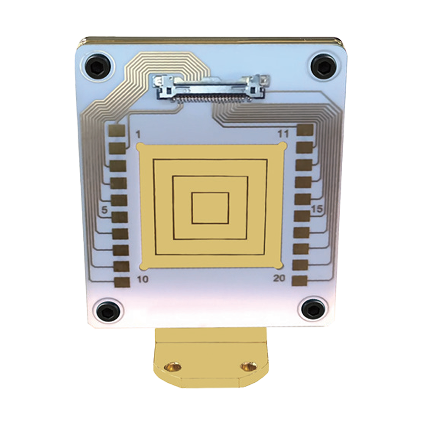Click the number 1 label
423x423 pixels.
tap(139, 134)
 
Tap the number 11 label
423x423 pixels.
tap(283, 134)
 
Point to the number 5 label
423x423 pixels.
tap(104, 210)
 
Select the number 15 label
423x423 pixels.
tap(317, 209)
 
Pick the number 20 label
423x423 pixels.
tap(279, 278)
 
